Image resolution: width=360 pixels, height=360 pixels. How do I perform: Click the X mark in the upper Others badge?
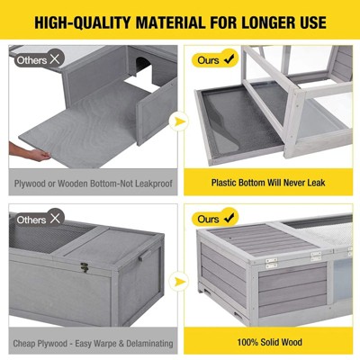coord(55,59)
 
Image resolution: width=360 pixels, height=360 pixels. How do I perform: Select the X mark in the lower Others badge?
coord(55,219)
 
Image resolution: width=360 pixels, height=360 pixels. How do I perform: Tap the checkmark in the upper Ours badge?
coord(229,59)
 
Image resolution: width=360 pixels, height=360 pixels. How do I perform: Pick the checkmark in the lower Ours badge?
coord(229,218)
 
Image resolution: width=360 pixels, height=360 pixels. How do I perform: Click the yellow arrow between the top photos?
coord(179,121)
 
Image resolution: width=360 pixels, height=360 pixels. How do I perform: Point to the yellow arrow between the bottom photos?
coord(179,282)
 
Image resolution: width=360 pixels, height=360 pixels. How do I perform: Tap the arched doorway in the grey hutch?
coord(143,65)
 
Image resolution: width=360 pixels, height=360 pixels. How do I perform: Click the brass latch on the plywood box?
coord(85,267)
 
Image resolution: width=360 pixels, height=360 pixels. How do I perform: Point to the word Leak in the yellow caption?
coord(316,183)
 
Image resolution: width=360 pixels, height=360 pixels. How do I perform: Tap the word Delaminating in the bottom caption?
coord(149,343)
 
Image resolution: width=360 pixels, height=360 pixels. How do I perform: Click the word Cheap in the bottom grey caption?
coord(24,343)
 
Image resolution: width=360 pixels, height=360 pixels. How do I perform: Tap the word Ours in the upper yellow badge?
coord(208,60)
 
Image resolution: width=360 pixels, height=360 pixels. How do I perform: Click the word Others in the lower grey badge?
coord(31,220)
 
